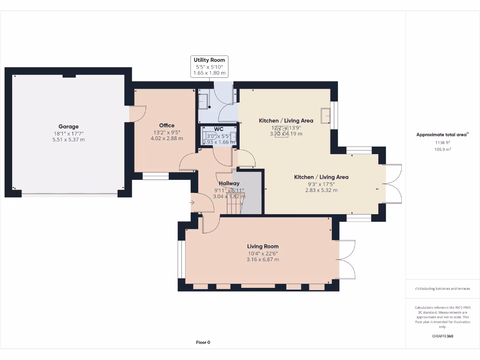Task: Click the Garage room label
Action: pyautogui.click(x=68, y=127)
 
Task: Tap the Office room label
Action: pyautogui.click(x=166, y=125)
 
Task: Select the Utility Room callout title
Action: pyautogui.click(x=210, y=60)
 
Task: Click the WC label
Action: pyautogui.click(x=219, y=129)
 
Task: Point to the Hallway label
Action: pyautogui.click(x=229, y=183)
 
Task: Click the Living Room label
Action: pyautogui.click(x=262, y=246)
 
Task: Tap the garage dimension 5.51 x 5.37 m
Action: pyautogui.click(x=68, y=140)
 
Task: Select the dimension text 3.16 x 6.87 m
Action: pyautogui.click(x=262, y=259)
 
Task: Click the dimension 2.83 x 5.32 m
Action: pyautogui.click(x=321, y=190)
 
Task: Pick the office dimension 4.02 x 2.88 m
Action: pyautogui.click(x=166, y=138)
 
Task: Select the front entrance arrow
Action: pyautogui.click(x=193, y=202)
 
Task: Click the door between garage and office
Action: pyautogui.click(x=137, y=113)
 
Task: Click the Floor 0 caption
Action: pyautogui.click(x=203, y=342)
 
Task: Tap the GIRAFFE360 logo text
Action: pyautogui.click(x=442, y=336)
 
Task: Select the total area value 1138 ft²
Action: pyautogui.click(x=442, y=142)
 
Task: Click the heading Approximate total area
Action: pyautogui.click(x=442, y=135)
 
